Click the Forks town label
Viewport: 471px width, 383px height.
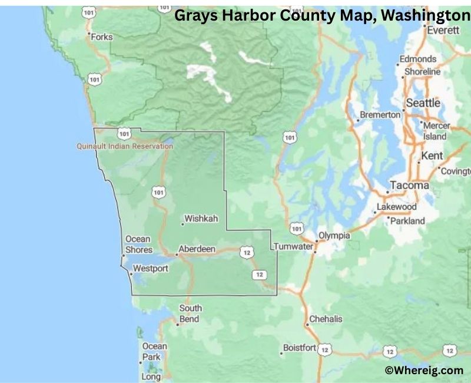(x=102, y=37)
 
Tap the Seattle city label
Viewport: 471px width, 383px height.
(x=423, y=103)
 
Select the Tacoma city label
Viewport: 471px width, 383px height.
(x=410, y=185)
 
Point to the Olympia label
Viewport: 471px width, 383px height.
(x=334, y=236)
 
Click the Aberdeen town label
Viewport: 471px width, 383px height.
(x=197, y=249)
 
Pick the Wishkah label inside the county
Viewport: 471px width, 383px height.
(x=201, y=219)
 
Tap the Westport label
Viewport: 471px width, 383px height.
(x=150, y=269)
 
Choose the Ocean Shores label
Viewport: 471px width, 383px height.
(x=138, y=245)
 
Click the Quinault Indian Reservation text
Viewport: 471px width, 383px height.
(x=125, y=146)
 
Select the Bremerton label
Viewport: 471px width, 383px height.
(x=380, y=115)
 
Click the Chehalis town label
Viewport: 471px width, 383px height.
(x=326, y=319)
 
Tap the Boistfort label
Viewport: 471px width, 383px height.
(x=300, y=348)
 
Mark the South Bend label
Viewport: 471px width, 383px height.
(x=190, y=313)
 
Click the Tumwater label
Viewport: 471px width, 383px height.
(x=293, y=246)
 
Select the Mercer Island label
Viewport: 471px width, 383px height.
(x=436, y=131)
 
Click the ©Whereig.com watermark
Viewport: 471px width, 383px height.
(x=423, y=370)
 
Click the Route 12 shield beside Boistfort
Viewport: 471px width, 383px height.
(x=324, y=350)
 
